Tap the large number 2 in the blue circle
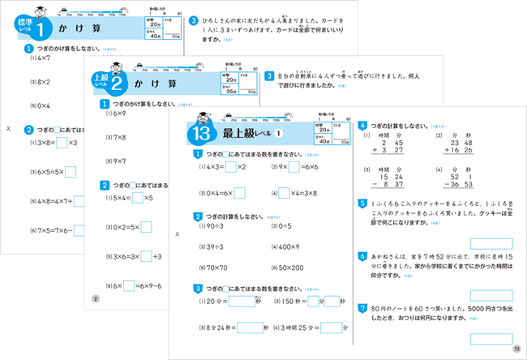[117, 81]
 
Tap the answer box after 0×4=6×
[241, 193]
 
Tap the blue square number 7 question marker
[362, 308]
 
